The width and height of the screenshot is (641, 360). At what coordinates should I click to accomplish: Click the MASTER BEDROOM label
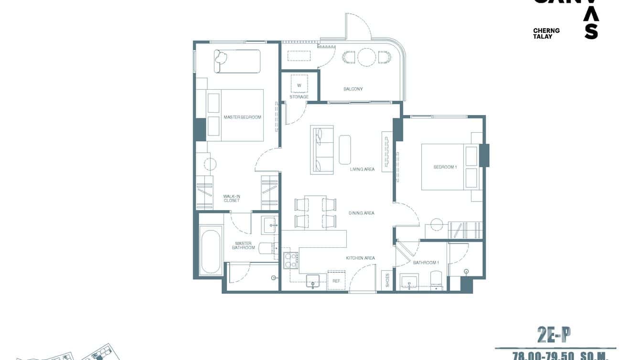click(242, 117)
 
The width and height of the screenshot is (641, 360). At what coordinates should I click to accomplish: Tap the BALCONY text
click(353, 89)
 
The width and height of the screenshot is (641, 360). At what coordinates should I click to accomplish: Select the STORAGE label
click(299, 97)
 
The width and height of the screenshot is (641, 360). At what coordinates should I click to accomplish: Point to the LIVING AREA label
click(362, 169)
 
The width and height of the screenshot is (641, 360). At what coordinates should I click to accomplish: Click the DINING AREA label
click(362, 213)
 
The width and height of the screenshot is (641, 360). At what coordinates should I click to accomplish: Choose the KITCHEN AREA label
click(360, 258)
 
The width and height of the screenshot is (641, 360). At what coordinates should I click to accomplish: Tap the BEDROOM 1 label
click(445, 167)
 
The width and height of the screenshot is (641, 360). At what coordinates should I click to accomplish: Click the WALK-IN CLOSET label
click(232, 198)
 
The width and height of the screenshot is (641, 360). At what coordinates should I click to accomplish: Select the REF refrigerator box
click(336, 281)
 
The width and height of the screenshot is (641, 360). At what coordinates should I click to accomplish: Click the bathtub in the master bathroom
click(211, 252)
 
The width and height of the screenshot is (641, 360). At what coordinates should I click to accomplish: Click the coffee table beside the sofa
click(345, 149)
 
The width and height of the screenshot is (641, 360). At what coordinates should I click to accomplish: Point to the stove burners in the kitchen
click(290, 260)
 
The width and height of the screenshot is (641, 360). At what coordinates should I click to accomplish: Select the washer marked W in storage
click(299, 85)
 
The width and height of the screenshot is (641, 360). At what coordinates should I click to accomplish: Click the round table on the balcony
click(366, 57)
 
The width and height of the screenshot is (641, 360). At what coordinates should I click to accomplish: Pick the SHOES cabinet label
click(387, 280)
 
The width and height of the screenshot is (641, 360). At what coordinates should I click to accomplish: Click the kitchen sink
click(313, 280)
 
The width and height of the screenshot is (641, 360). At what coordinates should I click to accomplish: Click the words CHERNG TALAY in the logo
click(546, 33)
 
